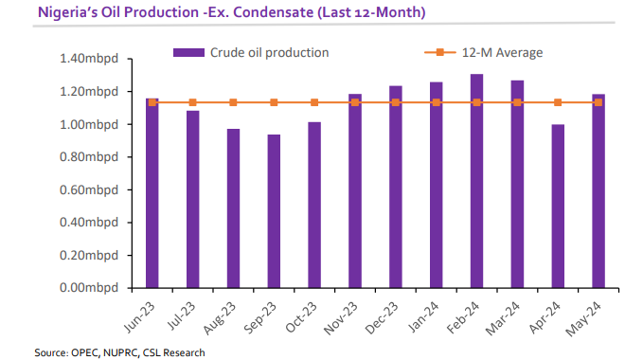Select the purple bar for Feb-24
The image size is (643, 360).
(477, 180)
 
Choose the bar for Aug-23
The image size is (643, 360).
(233, 207)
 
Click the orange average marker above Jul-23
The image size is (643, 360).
(192, 102)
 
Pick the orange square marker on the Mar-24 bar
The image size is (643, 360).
(518, 102)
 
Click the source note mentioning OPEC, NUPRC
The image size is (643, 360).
(119, 352)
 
